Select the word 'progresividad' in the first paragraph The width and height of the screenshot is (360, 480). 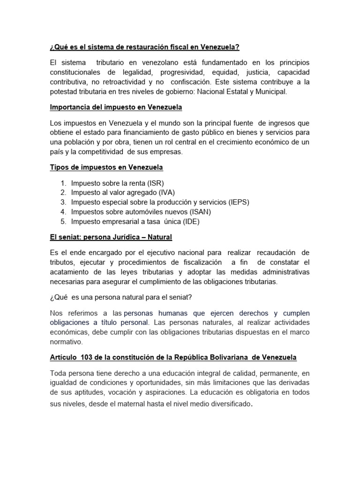[x=182, y=72]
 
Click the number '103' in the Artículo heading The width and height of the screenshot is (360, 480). [x=87, y=358]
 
